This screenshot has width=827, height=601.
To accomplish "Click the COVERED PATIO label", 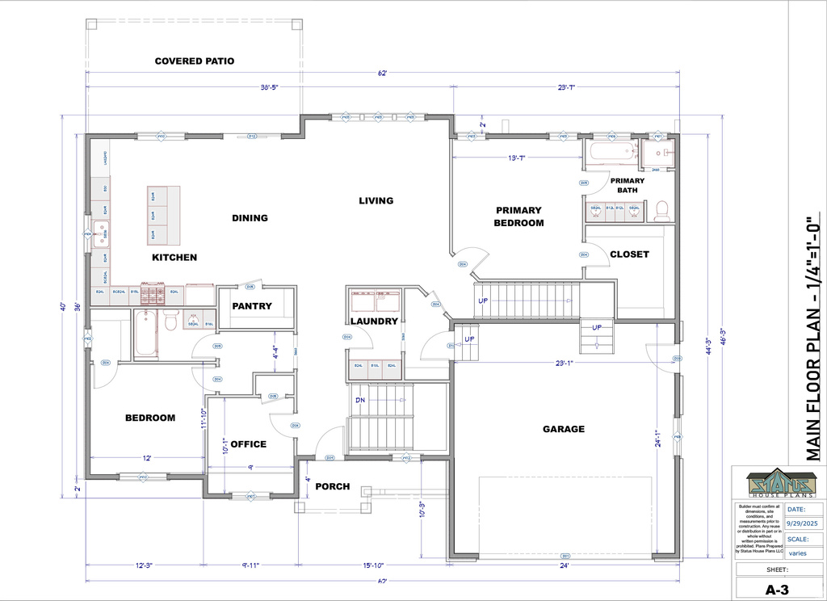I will pyautogui.click(x=195, y=61).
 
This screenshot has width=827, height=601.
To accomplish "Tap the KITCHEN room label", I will pyautogui.click(x=174, y=258).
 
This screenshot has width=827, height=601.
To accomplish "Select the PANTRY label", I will pyautogui.click(x=252, y=306).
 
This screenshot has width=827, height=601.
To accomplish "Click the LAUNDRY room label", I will pyautogui.click(x=374, y=321).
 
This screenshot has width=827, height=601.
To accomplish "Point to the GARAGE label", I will pyautogui.click(x=563, y=429).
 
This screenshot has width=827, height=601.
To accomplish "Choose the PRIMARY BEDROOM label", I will pyautogui.click(x=519, y=216).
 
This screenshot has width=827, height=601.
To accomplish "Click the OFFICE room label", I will pyautogui.click(x=249, y=443).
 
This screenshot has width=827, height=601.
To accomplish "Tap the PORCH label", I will pyautogui.click(x=332, y=486).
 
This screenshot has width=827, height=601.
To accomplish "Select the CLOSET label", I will pyautogui.click(x=629, y=254).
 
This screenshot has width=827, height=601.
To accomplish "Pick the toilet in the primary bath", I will pyautogui.click(x=661, y=211).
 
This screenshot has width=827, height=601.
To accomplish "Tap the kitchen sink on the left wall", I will pyautogui.click(x=101, y=234).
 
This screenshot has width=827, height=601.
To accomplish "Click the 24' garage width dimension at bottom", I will pyautogui.click(x=564, y=566).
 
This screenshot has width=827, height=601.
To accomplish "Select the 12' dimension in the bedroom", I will pyautogui.click(x=147, y=458).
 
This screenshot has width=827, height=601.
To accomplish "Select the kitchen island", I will pyautogui.click(x=162, y=216).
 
